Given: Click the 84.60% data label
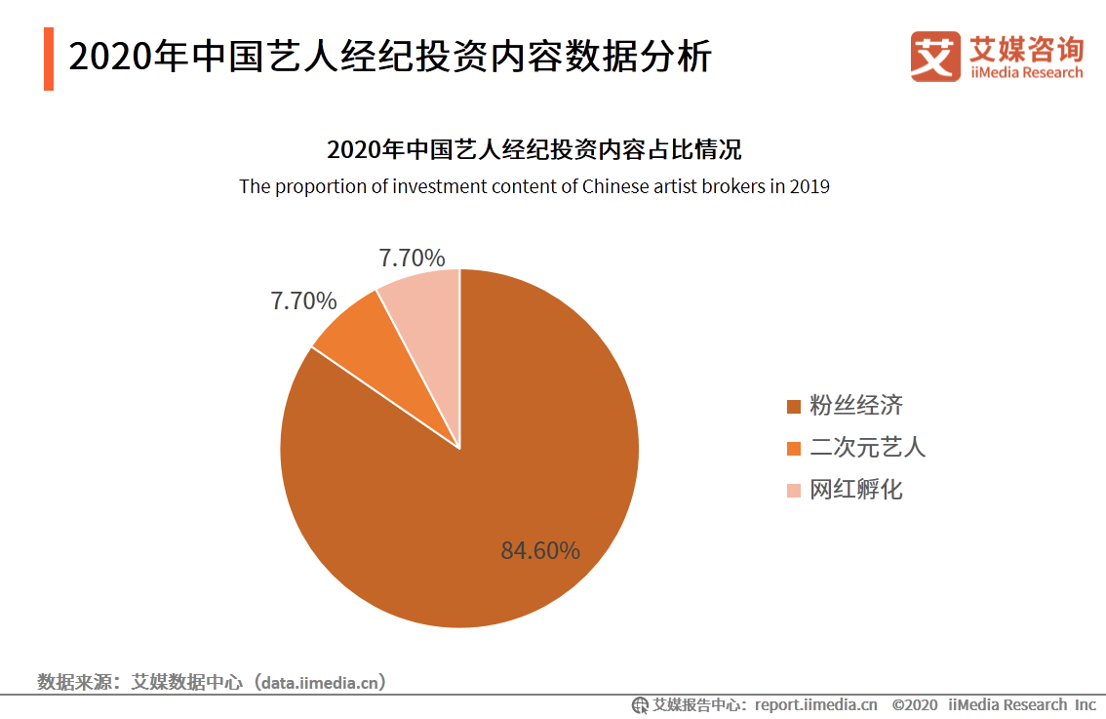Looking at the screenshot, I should pos(540,551).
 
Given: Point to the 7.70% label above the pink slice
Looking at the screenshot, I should pos(412,259).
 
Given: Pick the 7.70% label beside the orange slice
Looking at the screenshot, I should pos(303,301).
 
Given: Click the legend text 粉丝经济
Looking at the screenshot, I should pos(855,406).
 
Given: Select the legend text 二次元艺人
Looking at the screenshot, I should pos(867,448).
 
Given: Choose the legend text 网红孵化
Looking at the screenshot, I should pos(855,490).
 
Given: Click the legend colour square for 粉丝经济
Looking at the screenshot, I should pos(793,407).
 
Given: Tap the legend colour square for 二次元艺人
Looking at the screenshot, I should pos(793,449).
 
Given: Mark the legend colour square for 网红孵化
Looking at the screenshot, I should pos(793,491).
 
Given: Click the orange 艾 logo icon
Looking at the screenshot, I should pos(935,57).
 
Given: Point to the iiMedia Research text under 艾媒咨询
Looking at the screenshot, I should pos(1026,73).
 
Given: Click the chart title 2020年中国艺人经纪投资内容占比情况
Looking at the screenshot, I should pos(533,150).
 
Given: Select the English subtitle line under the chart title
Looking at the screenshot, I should pos(533,186).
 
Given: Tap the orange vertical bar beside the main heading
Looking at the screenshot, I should pos(49,59).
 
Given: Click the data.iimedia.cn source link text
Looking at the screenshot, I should pos(318,682).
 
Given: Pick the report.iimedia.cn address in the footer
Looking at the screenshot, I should pos(815,704).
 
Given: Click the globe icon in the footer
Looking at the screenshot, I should pos(640,704).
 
